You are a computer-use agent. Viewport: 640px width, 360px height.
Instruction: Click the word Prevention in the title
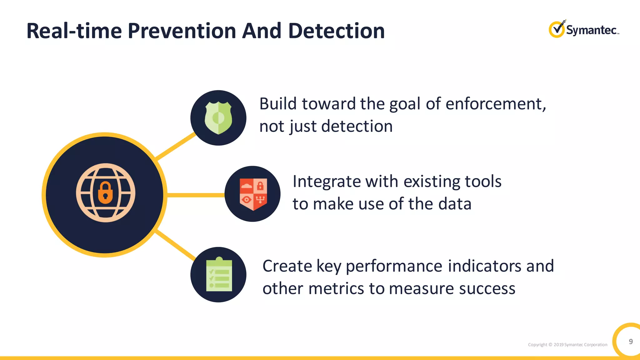(182, 31)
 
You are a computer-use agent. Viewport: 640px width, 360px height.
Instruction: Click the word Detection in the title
(336, 31)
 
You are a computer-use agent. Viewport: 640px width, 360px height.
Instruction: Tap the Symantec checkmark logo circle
(557, 30)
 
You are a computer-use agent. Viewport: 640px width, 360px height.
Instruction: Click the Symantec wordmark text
(591, 30)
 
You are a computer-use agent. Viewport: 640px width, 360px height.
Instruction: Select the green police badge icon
(218, 118)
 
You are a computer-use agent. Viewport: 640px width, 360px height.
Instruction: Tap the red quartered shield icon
(253, 194)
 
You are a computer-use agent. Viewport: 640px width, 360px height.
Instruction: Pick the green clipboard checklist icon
(219, 275)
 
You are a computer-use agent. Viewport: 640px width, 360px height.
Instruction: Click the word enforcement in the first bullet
(495, 104)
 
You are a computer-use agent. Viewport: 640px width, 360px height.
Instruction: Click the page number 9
(631, 341)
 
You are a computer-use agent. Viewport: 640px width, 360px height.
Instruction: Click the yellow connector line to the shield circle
(196, 195)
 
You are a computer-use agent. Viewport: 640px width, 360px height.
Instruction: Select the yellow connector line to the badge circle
(176, 146)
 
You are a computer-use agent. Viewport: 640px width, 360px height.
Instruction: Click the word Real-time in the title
(74, 31)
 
